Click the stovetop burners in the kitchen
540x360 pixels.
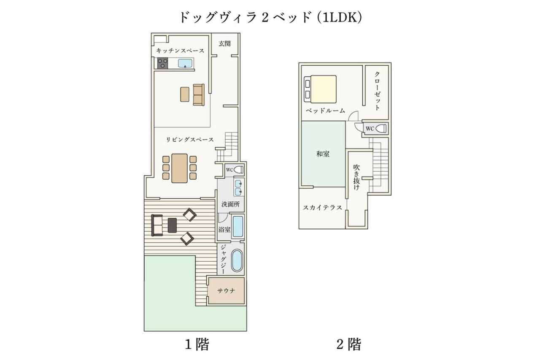point(162,63)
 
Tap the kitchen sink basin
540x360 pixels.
point(185,63)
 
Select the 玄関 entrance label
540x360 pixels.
point(224,43)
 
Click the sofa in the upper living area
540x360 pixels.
point(199,95)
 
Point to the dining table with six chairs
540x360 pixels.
point(179,168)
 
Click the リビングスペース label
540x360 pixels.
point(190,140)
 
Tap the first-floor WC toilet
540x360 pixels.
point(238,170)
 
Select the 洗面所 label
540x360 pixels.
point(230,204)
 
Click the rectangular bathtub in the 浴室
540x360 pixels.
point(238,226)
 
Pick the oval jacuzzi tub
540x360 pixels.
point(237,261)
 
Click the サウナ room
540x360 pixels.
point(226,291)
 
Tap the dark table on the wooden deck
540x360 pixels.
point(172,225)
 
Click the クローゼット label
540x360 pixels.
point(377,91)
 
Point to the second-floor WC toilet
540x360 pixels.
point(382,129)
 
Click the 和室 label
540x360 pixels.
point(323,154)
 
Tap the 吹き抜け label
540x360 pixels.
point(356,177)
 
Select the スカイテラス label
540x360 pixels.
point(323,208)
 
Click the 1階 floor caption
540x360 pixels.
point(197,344)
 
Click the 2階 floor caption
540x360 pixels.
point(349,344)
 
